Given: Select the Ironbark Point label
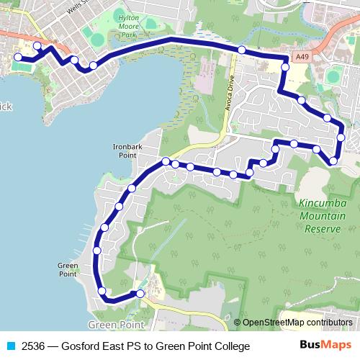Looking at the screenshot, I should pyautogui.click(x=124, y=150).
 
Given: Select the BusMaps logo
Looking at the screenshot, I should pyautogui.click(x=325, y=346).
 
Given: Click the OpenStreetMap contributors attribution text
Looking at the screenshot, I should pyautogui.click(x=297, y=323).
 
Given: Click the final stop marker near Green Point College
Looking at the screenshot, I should pyautogui.click(x=140, y=293).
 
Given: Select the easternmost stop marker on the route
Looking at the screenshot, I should pyautogui.click(x=341, y=137).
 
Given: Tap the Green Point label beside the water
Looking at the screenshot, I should pyautogui.click(x=67, y=269).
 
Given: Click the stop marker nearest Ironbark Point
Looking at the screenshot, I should pyautogui.click(x=166, y=161).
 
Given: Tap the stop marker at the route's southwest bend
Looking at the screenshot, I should pyautogui.click(x=102, y=291).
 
